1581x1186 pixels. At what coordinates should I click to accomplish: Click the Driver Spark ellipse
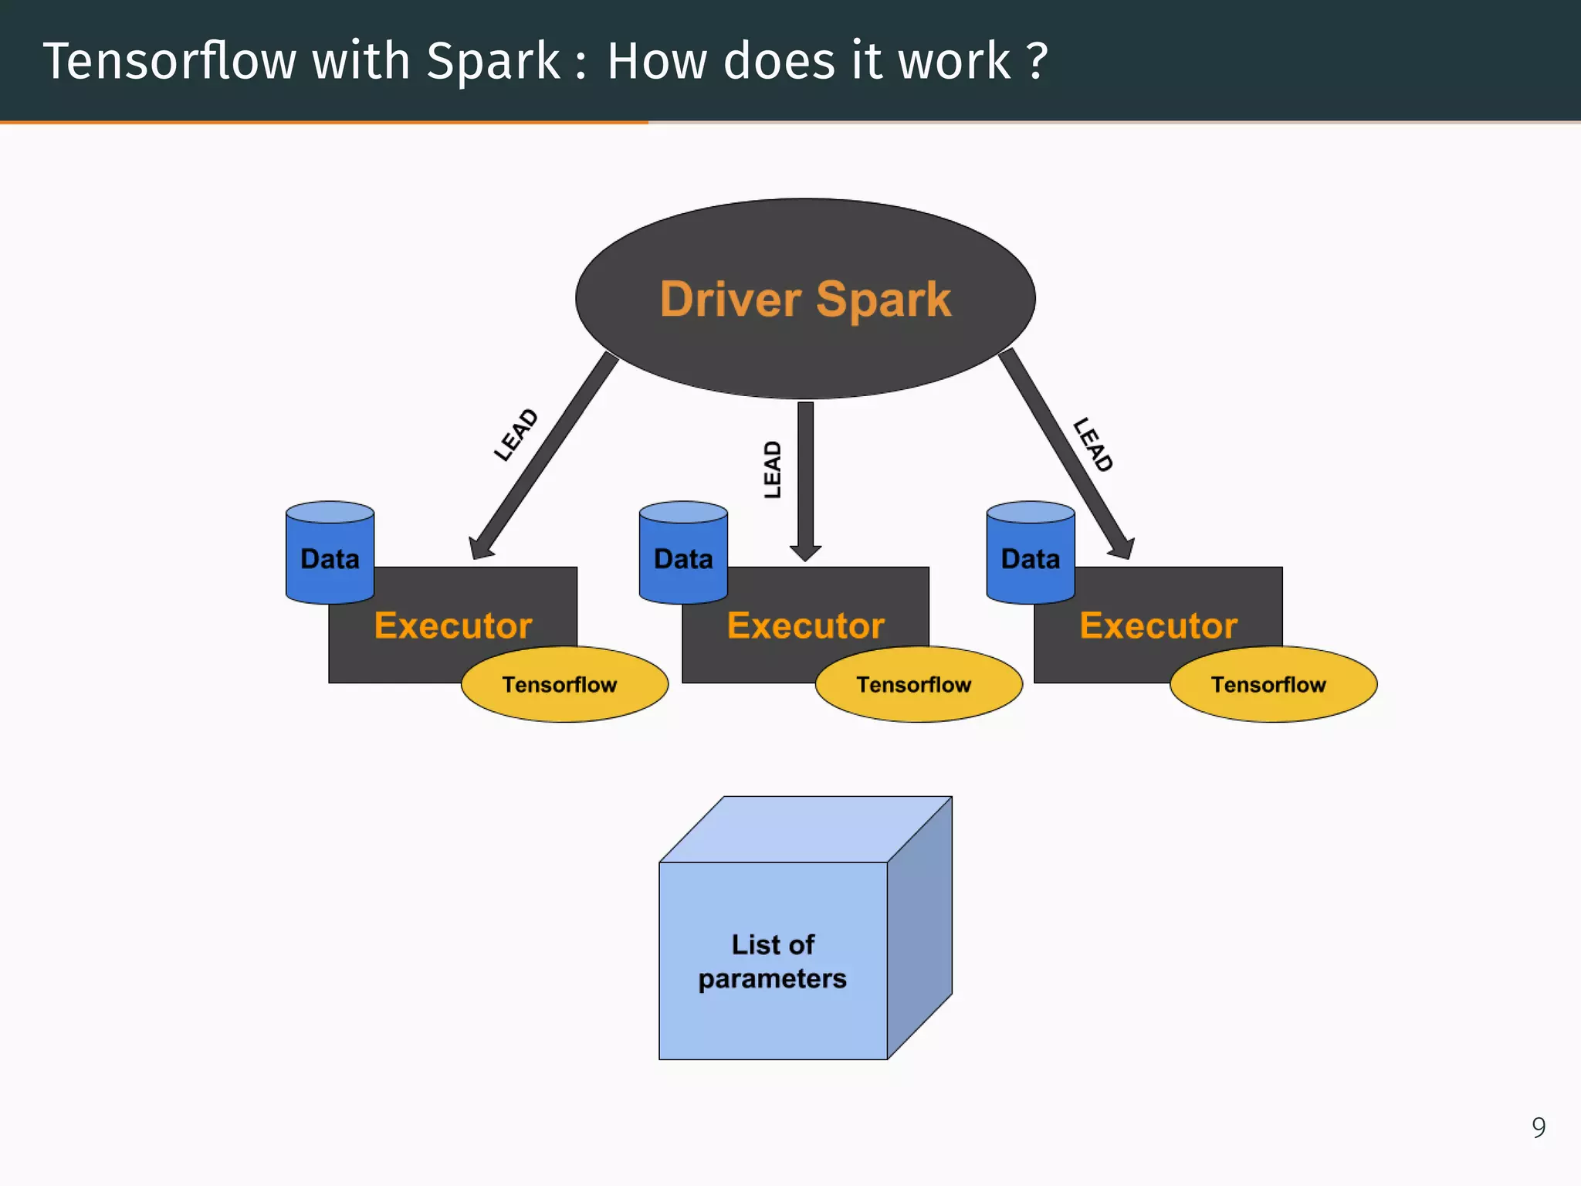tap(805, 299)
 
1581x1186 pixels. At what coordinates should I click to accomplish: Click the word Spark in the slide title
tap(493, 61)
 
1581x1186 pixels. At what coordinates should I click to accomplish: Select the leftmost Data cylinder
tap(330, 553)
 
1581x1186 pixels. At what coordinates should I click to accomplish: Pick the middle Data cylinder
tap(683, 553)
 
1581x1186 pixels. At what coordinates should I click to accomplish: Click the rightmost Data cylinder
tap(1031, 553)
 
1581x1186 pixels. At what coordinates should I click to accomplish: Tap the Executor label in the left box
tap(453, 625)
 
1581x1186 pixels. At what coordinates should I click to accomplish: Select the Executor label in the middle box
tap(806, 625)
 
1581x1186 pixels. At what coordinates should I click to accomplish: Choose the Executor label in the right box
tap(1158, 625)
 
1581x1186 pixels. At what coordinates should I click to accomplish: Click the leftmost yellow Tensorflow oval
tap(564, 685)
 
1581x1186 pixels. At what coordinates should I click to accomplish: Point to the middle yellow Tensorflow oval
tap(918, 685)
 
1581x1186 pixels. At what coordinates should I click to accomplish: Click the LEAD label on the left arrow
tap(516, 435)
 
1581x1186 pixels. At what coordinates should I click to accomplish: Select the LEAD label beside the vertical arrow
tap(772, 469)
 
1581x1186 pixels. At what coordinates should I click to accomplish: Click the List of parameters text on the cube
tap(773, 961)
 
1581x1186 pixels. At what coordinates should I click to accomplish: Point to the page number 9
tap(1539, 1127)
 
